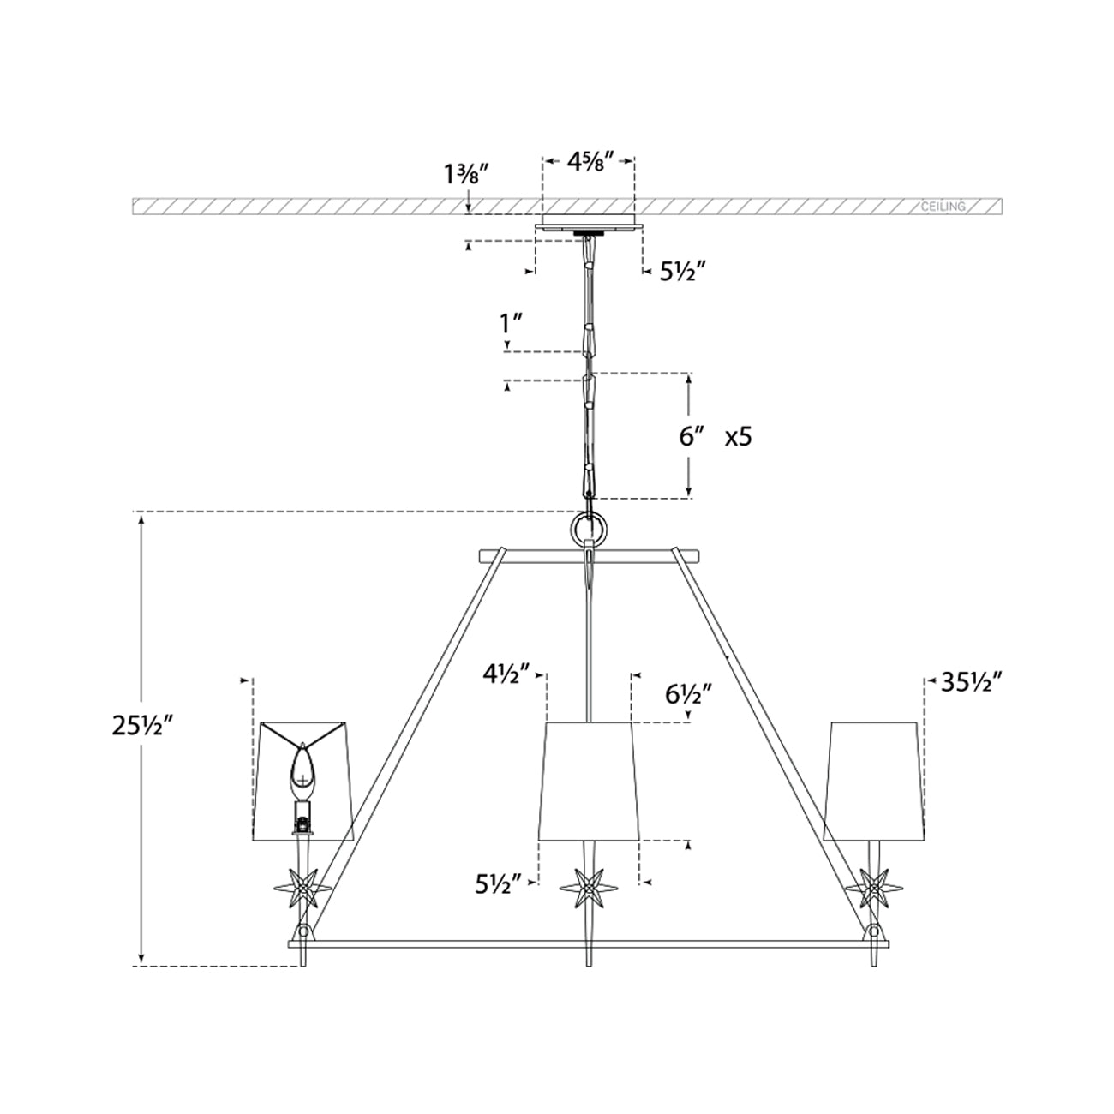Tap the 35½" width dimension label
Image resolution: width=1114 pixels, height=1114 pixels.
(971, 683)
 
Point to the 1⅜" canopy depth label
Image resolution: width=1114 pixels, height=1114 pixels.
(461, 174)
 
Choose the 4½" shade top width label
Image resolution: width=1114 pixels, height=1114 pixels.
(507, 674)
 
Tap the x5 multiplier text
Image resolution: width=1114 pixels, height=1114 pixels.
(738, 437)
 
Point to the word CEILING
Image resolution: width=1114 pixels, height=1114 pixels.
(943, 207)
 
